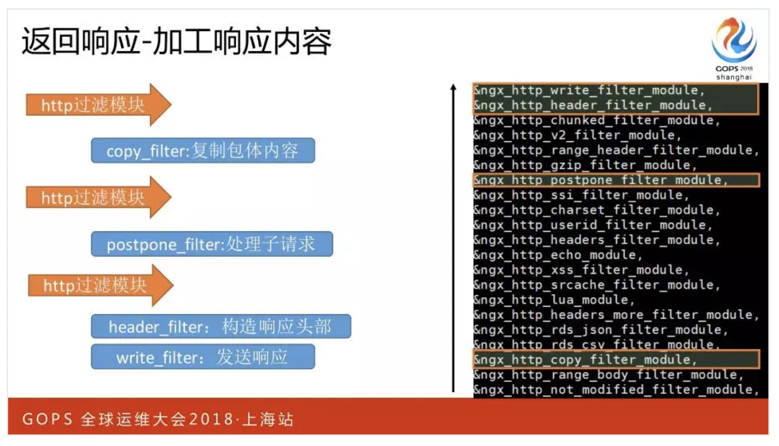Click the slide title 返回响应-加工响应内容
coord(176,41)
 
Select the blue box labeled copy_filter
coord(203,150)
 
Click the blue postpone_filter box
coord(212,244)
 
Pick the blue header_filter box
coord(221,326)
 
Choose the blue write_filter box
coord(203,357)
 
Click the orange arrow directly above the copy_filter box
coord(99,105)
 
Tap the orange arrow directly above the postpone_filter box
coord(99,197)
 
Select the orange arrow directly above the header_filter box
coord(101,286)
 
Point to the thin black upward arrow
coord(453,238)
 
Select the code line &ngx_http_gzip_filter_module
coord(585,165)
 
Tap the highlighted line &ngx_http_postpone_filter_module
coord(601,180)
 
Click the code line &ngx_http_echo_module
coord(558,255)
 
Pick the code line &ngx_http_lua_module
coord(554,300)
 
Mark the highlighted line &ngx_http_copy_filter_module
coord(585,360)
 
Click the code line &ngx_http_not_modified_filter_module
coord(616,390)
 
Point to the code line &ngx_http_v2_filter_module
coord(577,135)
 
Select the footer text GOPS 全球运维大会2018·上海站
coord(158,419)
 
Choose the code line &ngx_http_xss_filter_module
coord(581,270)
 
